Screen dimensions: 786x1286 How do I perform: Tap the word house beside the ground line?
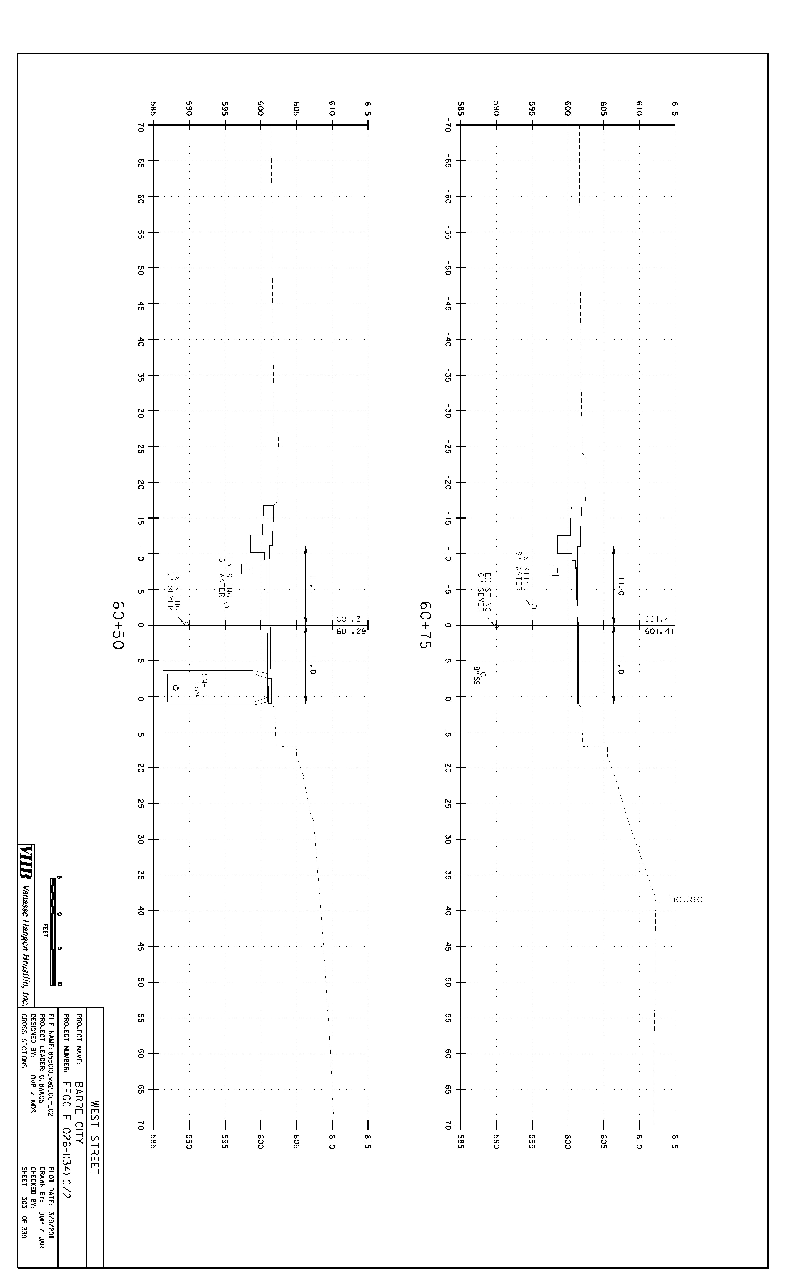click(685, 899)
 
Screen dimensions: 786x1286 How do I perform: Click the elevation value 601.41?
click(660, 631)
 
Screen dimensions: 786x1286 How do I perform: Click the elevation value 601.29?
click(351, 631)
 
